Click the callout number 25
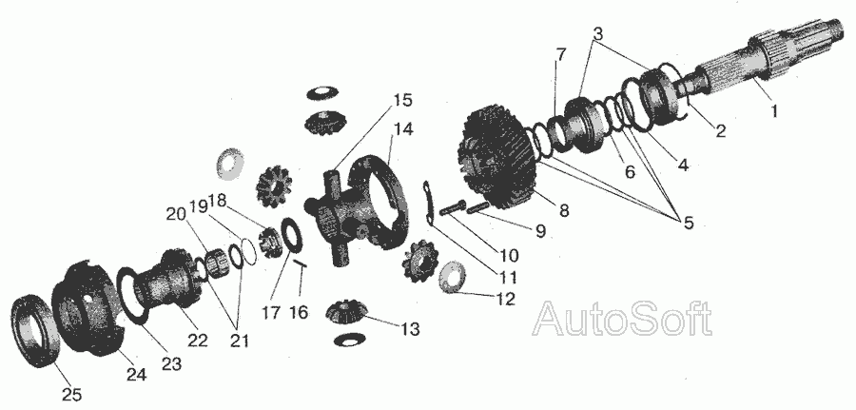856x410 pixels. pyautogui.click(x=71, y=394)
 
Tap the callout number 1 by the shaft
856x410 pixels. pyautogui.click(x=773, y=111)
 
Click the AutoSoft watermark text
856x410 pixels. pyautogui.click(x=622, y=319)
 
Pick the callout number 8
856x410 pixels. pyautogui.click(x=563, y=209)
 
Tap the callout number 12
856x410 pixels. pyautogui.click(x=505, y=299)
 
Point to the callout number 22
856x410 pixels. pyautogui.click(x=198, y=341)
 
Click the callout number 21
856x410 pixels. pyautogui.click(x=239, y=342)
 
